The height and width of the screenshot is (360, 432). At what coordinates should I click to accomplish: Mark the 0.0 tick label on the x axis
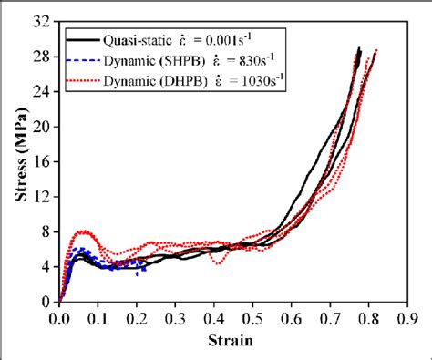tap(59, 319)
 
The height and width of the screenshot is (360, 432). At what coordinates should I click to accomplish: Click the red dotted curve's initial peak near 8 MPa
tap(84, 231)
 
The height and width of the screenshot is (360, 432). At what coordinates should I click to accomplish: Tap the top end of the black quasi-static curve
tap(359, 48)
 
